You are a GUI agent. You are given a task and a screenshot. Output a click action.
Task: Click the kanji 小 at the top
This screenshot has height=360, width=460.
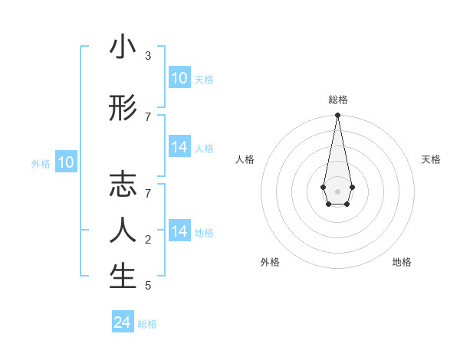(x=123, y=47)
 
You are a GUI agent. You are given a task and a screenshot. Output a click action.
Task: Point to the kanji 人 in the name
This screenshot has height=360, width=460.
(x=123, y=230)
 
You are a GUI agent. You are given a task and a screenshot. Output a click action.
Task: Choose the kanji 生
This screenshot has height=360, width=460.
(x=123, y=277)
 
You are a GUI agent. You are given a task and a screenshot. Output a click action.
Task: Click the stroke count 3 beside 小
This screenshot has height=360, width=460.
(x=148, y=56)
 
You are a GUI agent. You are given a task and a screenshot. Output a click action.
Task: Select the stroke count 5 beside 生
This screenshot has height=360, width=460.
(x=148, y=286)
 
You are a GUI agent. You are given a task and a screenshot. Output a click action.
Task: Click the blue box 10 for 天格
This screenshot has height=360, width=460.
(x=179, y=78)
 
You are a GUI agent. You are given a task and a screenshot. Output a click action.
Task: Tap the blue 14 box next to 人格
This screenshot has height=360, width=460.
(x=179, y=147)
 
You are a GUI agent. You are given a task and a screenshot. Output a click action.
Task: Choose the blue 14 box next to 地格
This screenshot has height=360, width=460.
(x=179, y=231)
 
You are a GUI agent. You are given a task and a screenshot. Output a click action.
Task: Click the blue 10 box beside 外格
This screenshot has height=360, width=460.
(x=66, y=162)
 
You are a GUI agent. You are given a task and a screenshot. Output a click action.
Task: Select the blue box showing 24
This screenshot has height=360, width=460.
(x=123, y=322)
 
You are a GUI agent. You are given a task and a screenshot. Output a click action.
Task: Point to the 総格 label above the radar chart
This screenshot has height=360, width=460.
(x=337, y=100)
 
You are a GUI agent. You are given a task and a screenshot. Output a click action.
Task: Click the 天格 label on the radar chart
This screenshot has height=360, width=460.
(x=431, y=159)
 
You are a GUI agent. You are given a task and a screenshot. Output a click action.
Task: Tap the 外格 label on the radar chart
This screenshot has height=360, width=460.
(x=270, y=262)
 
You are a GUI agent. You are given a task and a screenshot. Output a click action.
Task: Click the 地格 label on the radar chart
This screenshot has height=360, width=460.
(x=402, y=262)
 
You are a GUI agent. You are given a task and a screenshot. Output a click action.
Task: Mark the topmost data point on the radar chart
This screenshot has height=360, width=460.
(x=337, y=116)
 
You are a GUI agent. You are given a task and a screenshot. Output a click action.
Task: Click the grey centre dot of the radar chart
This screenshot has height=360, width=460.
(x=337, y=191)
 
